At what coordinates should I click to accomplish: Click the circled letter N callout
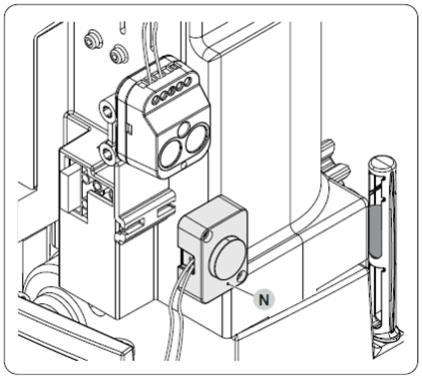tap(264, 300)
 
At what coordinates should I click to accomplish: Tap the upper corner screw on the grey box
tap(208, 235)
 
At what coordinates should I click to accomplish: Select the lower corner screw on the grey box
tap(241, 275)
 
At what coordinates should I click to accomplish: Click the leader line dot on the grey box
tap(227, 284)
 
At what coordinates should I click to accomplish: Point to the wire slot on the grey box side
tap(186, 261)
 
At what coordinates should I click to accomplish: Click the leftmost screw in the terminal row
tap(156, 99)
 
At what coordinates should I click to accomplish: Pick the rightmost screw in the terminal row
tap(188, 81)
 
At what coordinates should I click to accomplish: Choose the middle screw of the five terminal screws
tap(172, 90)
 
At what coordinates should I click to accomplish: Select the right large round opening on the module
tap(197, 138)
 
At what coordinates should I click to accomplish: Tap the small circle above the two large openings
tap(184, 129)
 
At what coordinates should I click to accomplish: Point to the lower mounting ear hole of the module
tap(108, 154)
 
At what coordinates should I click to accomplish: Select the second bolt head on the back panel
tap(118, 52)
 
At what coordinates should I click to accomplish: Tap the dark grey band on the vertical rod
tap(374, 231)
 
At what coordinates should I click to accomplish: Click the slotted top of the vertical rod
tap(381, 163)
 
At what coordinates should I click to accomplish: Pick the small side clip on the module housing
tap(129, 128)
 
